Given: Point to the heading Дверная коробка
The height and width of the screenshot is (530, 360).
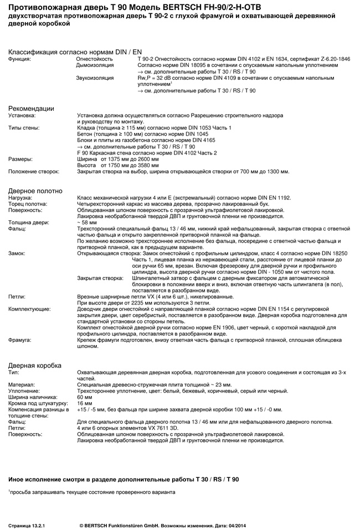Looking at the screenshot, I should [35, 365].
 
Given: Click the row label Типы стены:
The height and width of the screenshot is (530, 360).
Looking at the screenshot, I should [23, 128].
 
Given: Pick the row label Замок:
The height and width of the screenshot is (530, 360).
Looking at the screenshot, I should [17, 253].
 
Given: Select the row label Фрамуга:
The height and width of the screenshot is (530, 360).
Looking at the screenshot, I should [20, 339].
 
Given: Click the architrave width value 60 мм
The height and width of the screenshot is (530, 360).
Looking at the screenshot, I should [85, 397].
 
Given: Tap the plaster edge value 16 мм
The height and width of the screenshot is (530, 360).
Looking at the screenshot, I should [85, 403].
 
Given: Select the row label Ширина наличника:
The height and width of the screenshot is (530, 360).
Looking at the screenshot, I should [33, 397].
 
